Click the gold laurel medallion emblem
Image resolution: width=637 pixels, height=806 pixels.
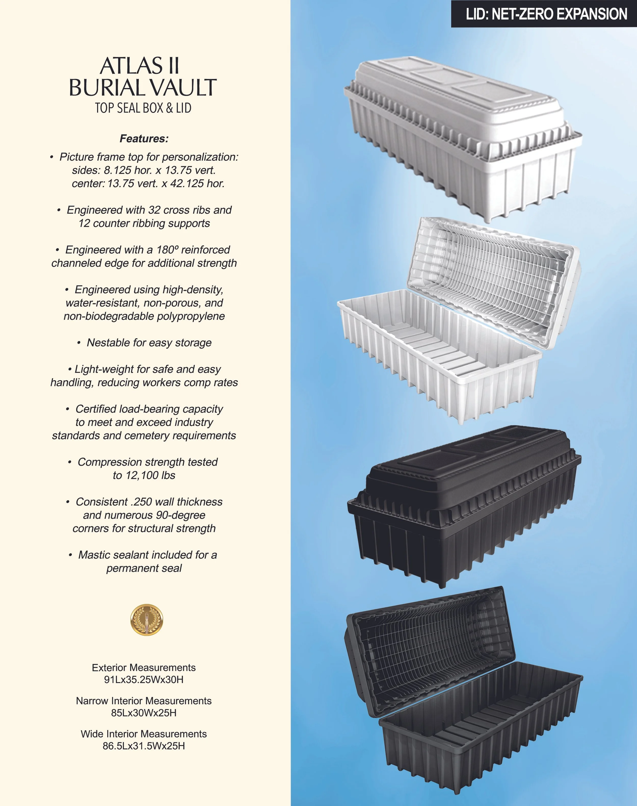pos(147,620)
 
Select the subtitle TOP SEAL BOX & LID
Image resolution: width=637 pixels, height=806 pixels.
pos(143,108)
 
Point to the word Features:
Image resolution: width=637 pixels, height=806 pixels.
pos(144,139)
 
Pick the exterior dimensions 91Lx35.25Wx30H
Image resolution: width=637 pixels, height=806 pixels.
pos(144,680)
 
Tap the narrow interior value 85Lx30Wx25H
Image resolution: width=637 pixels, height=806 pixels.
pos(144,713)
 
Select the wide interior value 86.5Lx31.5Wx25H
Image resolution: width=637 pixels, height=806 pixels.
pos(144,746)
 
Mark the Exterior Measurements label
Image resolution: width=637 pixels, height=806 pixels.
pos(144,668)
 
